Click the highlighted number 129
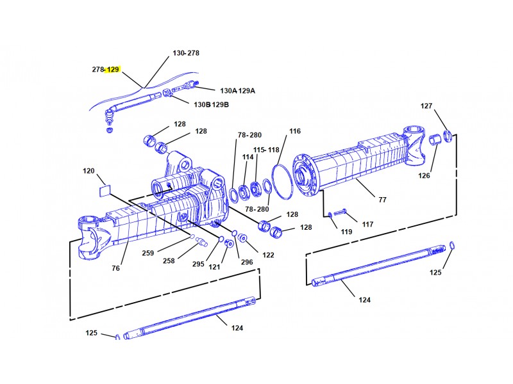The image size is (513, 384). pos(113,69)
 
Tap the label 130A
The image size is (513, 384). pos(228,91)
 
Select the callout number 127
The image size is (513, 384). pos(426,106)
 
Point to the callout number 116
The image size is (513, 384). pos(295,131)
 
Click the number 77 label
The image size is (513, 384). pos(382,200)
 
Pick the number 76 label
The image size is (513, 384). pos(116,268)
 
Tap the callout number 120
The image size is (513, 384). pos(88,171)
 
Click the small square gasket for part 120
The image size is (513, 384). pos(105,191)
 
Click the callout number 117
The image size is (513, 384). pos(367,225)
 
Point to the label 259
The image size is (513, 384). pos(148,253)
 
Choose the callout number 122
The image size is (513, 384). pos(268,255)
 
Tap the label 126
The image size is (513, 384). pos(424,175)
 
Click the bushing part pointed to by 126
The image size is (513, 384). pos(435,139)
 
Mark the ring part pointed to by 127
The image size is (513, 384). pos(448,136)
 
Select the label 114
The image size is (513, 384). pos(248,157)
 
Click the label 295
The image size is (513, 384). pos(198,264)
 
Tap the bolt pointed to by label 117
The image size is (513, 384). pos(341,212)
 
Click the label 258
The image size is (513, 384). pos(169,260)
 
